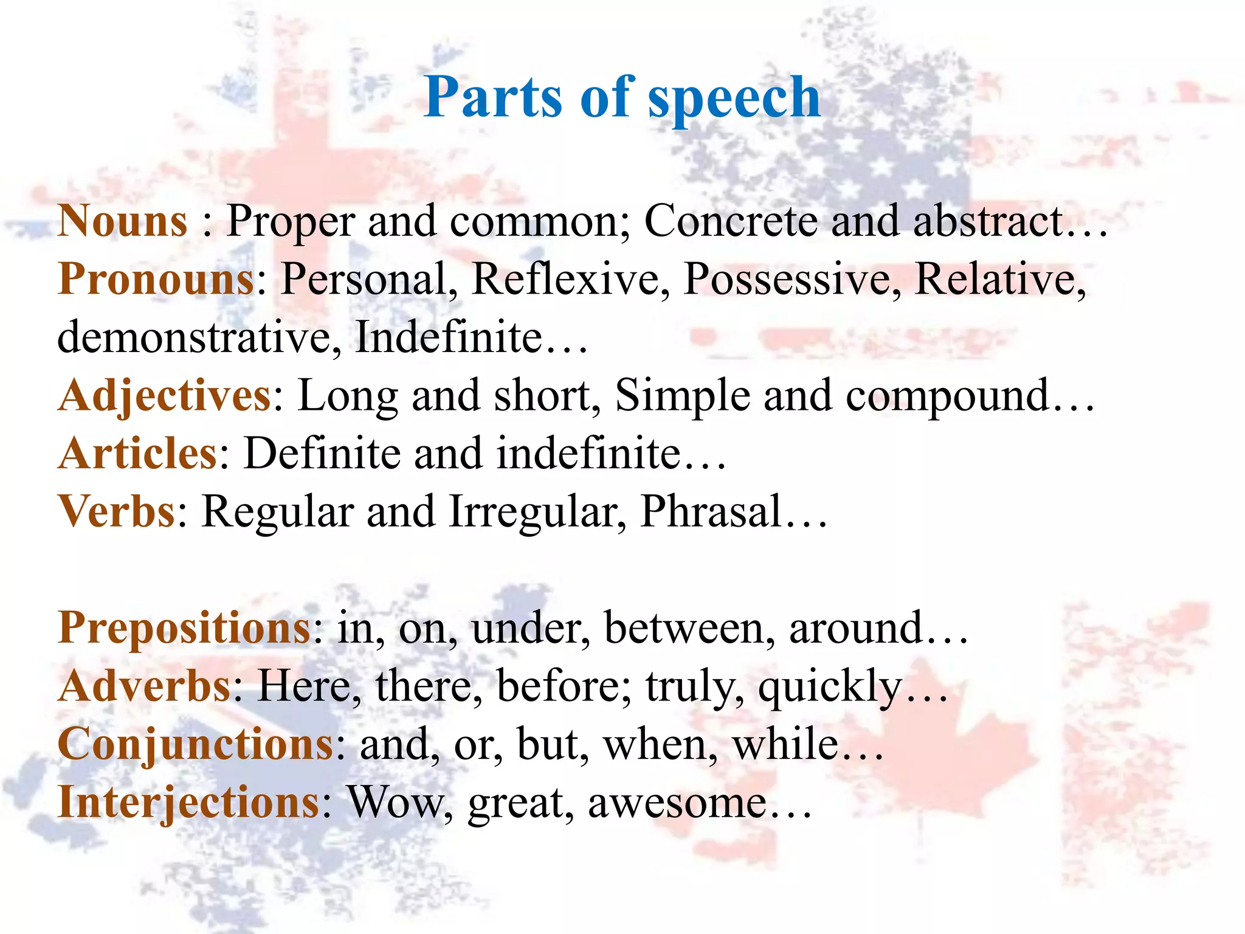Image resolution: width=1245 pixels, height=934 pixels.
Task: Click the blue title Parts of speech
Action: pos(622,97)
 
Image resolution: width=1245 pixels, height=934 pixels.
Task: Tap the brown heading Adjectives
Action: pos(165,396)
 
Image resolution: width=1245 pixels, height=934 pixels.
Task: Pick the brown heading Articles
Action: pos(137,454)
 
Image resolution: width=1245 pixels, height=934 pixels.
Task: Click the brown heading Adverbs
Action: pos(145,686)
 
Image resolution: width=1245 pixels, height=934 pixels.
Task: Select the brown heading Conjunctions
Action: pos(195,744)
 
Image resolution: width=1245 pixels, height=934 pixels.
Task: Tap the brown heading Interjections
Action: pos(188,803)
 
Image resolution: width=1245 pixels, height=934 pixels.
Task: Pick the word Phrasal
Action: pos(711,511)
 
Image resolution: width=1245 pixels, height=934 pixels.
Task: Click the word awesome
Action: pos(677,803)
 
